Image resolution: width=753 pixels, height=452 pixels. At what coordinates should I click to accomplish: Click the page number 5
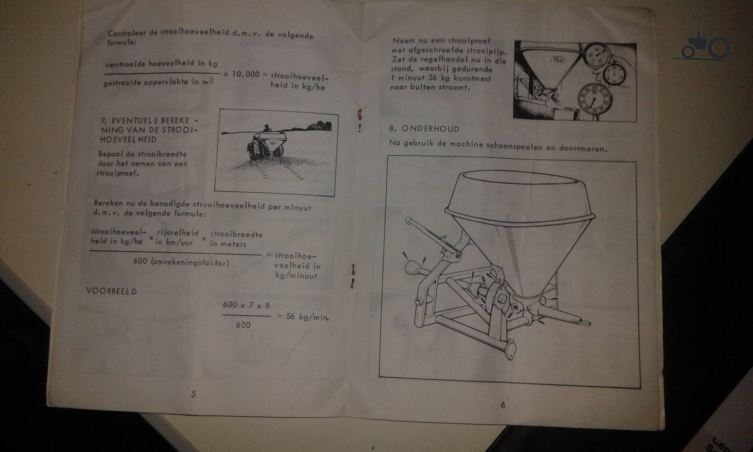point(193,394)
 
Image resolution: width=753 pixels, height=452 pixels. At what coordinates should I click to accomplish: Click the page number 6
point(503,404)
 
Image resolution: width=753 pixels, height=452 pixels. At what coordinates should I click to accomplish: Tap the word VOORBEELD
point(111,291)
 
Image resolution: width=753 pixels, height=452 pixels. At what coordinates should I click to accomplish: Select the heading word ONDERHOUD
point(430,129)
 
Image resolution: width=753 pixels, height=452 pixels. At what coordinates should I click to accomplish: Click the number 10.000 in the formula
point(246,74)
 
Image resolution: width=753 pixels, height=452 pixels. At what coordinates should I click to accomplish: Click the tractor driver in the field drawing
point(267,129)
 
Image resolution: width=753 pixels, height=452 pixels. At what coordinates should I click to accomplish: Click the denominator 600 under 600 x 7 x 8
point(243,325)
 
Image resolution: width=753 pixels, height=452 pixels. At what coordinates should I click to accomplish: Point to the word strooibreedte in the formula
point(236,234)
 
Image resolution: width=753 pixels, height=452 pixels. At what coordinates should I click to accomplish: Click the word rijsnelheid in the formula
point(178,233)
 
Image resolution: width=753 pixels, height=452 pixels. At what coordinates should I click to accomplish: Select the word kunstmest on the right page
point(472,78)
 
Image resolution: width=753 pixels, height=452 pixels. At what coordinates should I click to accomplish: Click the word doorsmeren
point(583,148)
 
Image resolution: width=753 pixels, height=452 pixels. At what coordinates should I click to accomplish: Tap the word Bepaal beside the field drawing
point(110,154)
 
